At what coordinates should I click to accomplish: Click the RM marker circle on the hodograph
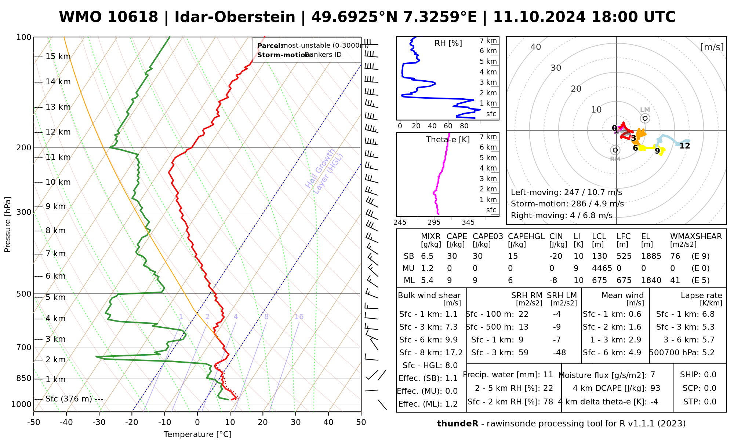tap(615, 150)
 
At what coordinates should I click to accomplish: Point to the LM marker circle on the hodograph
tap(645, 118)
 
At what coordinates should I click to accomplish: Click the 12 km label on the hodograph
tap(684, 146)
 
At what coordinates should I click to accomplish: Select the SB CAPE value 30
tap(452, 256)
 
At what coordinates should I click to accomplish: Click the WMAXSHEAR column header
tap(696, 236)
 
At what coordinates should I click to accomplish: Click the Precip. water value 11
tap(548, 375)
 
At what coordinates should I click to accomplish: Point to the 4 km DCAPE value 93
tap(655, 388)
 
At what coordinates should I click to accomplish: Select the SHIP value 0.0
tap(710, 375)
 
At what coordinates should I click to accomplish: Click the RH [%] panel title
tap(448, 43)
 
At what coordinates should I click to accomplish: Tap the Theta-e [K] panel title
tap(448, 140)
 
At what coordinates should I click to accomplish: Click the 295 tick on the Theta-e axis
tap(434, 223)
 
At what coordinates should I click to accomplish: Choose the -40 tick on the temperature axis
tap(66, 422)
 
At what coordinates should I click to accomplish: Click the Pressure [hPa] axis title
tap(8, 224)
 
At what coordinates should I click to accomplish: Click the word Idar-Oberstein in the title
tap(235, 17)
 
